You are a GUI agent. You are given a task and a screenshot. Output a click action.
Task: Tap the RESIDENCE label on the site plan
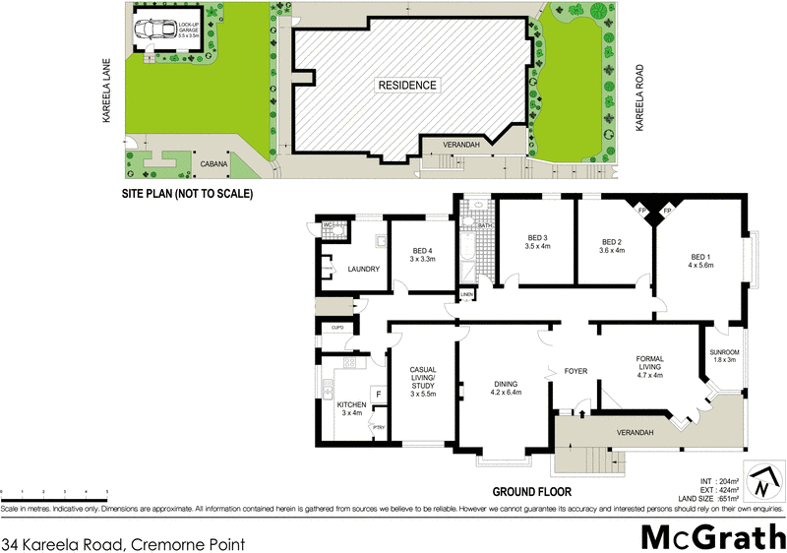[406, 86]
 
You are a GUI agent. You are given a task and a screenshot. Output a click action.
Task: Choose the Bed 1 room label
[700, 261]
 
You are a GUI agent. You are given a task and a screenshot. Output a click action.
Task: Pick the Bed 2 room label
[612, 246]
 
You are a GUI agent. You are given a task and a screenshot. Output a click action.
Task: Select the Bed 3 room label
[537, 241]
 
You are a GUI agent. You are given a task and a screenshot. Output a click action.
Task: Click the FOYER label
[575, 372]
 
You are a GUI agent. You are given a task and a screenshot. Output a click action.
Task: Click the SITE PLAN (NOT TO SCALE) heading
[186, 195]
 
